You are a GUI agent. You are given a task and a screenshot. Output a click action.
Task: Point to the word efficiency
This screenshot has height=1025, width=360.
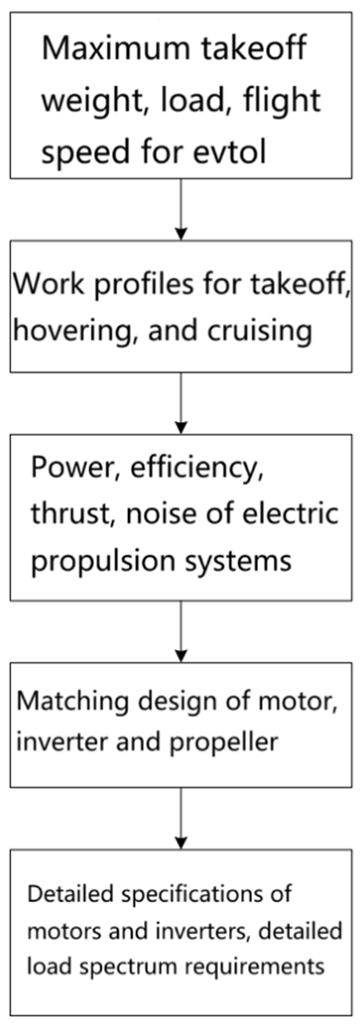196,467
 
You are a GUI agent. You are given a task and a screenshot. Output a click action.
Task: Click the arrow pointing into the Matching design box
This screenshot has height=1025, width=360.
181,631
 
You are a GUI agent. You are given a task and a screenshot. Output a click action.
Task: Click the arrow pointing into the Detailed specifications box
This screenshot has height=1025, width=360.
181,818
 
